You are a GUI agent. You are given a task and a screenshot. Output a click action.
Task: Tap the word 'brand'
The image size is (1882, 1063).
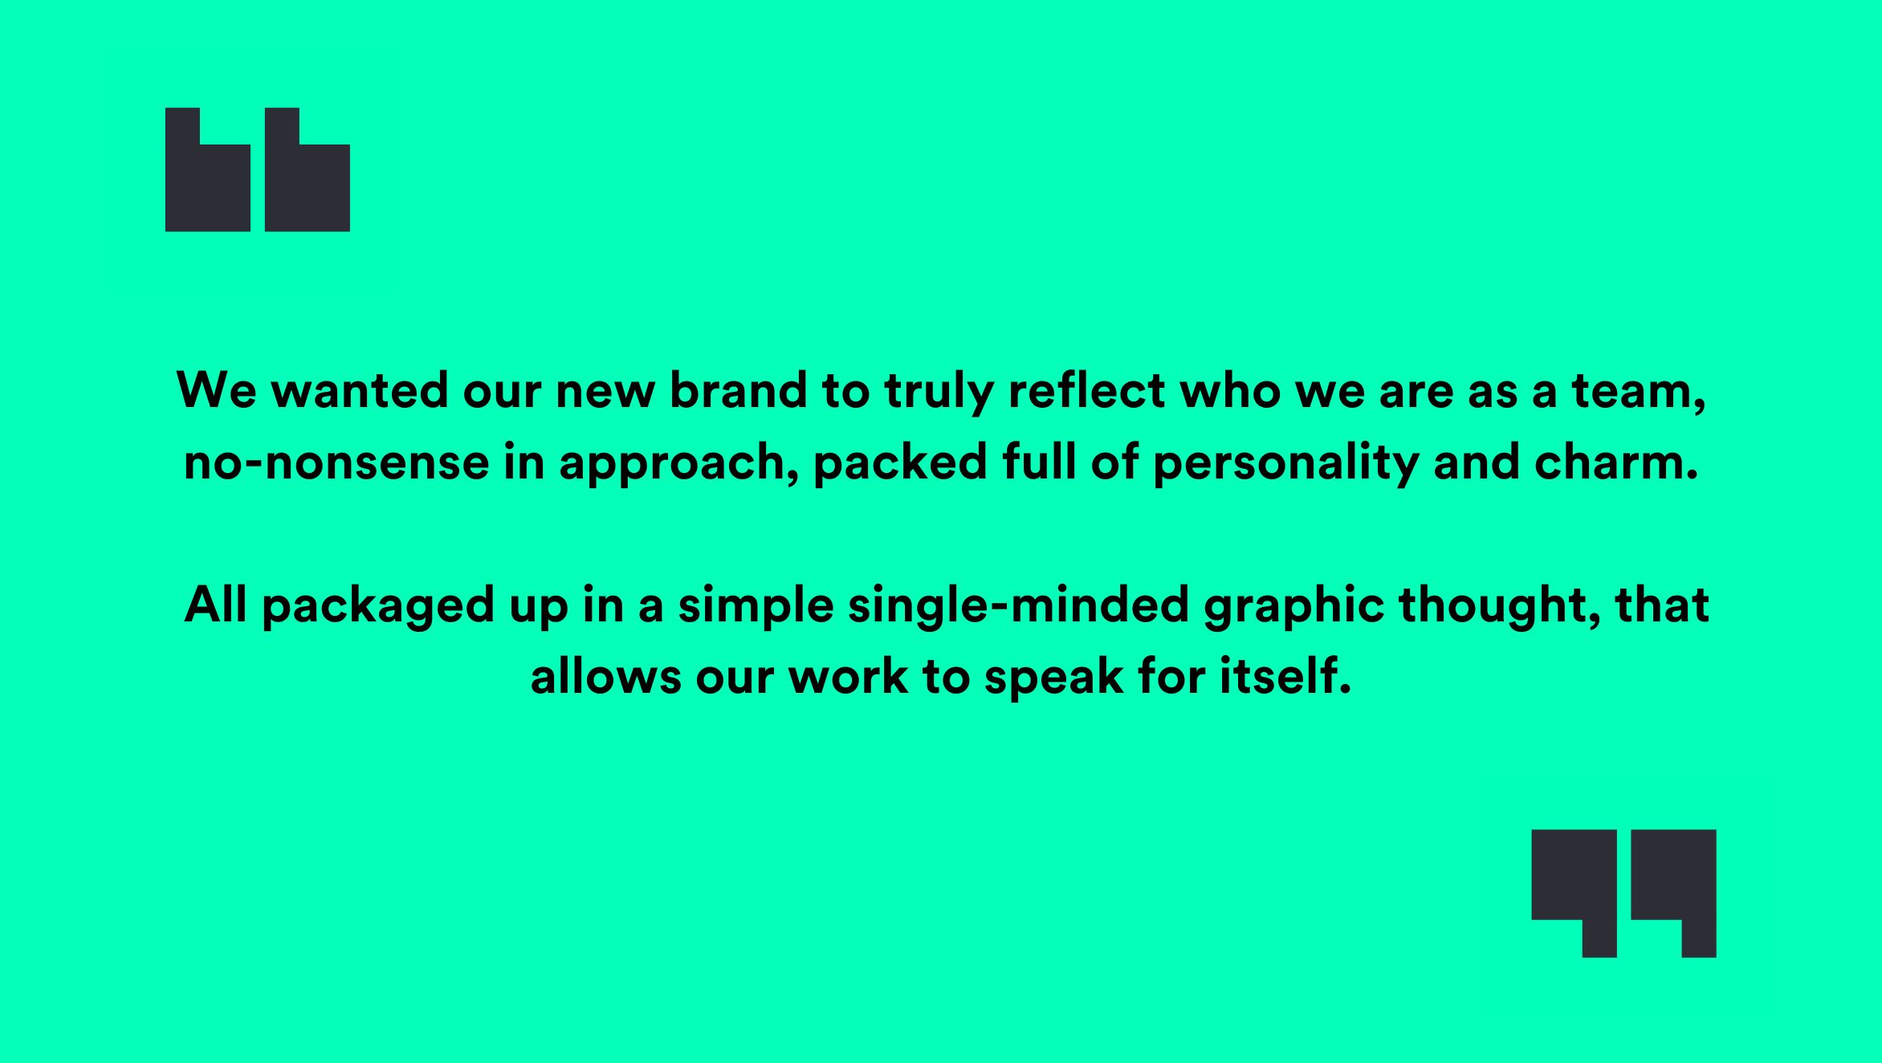pos(738,391)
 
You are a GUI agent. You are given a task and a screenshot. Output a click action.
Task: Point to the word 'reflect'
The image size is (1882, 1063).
pos(1086,391)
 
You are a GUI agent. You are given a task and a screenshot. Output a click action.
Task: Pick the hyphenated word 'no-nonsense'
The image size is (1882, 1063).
pos(336,463)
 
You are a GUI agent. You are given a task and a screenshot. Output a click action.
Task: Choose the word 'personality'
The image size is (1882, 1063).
pos(1285,466)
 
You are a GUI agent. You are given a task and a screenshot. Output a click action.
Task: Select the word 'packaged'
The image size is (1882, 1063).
pos(378,608)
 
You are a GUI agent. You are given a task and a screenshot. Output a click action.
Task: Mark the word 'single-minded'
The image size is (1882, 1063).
pos(1018,608)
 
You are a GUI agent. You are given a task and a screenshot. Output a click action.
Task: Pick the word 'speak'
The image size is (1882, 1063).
pos(1054,679)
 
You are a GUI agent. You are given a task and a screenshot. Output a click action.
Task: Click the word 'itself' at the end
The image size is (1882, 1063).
pos(1285,676)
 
